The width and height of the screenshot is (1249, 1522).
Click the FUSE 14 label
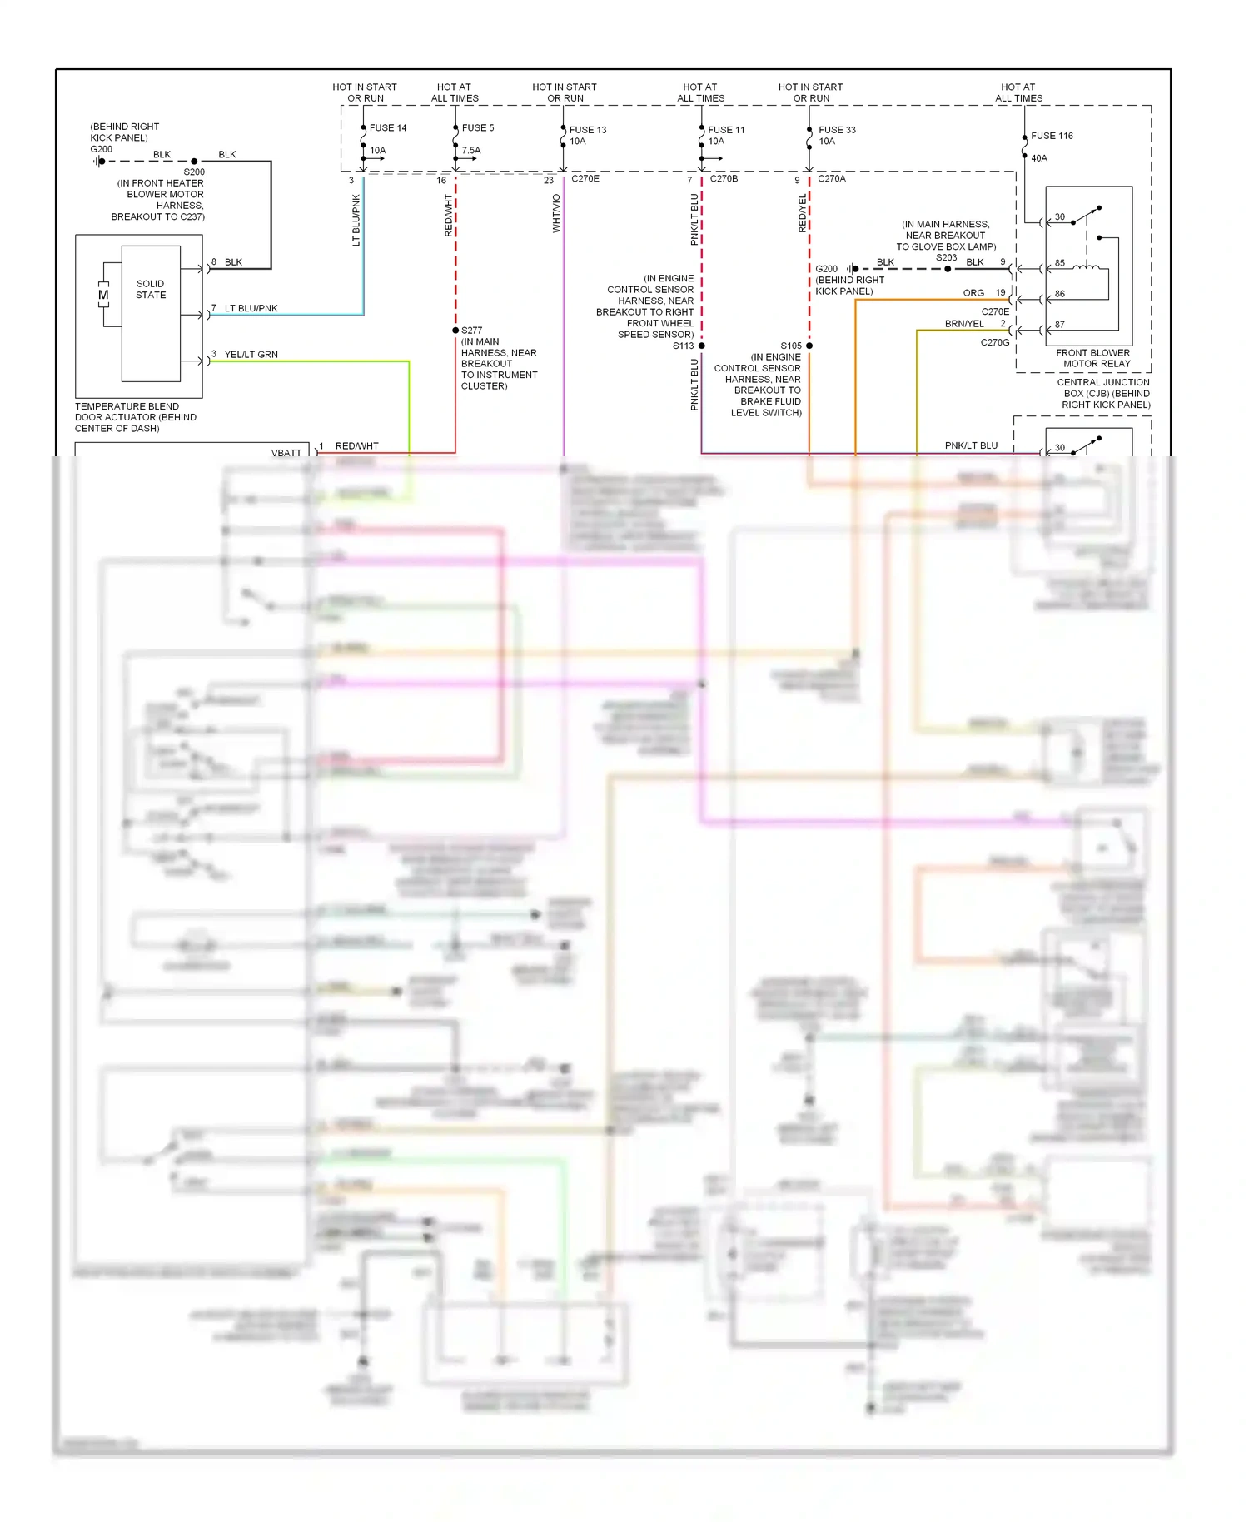pos(388,128)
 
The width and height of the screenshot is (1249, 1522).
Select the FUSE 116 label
pos(1052,136)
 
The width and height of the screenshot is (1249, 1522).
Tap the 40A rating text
pos(1039,158)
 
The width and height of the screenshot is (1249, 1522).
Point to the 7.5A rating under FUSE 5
pos(471,151)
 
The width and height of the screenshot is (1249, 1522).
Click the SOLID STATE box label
pos(151,290)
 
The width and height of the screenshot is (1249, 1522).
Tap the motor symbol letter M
pos(103,295)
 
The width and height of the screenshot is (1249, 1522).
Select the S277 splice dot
pos(455,331)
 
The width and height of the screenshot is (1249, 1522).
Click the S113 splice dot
pos(702,346)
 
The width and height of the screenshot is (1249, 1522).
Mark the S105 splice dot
pos(809,346)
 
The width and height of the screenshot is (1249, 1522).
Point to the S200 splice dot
pos(194,162)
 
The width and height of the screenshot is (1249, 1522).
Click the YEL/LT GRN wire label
pos(251,355)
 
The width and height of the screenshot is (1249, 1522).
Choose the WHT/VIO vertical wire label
pos(556,213)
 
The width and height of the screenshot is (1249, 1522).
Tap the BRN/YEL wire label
pos(964,324)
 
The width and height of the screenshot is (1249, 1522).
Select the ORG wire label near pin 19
pos(973,293)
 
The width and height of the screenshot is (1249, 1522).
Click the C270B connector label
pos(724,179)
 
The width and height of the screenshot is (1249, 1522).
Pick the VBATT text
pos(286,453)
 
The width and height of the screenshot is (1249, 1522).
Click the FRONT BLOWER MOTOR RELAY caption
pos(1093,358)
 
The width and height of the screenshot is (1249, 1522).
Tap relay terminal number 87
pos(1060,325)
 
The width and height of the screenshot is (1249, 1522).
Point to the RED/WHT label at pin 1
pos(357,446)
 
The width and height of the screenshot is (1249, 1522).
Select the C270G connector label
pos(995,342)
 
